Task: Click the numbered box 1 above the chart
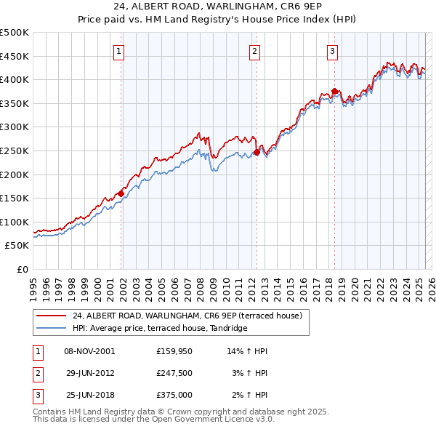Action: click(x=118, y=51)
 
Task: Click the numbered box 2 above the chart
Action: click(x=255, y=51)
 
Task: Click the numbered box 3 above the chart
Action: click(x=332, y=51)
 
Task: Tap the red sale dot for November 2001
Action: click(x=121, y=193)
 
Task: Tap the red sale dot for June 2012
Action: click(x=257, y=152)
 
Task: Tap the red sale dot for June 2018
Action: click(x=334, y=92)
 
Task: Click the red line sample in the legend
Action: click(x=51, y=316)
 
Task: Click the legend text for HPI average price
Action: click(x=160, y=329)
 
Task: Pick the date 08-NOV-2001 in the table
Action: click(x=89, y=351)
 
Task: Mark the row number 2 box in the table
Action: click(x=37, y=373)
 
